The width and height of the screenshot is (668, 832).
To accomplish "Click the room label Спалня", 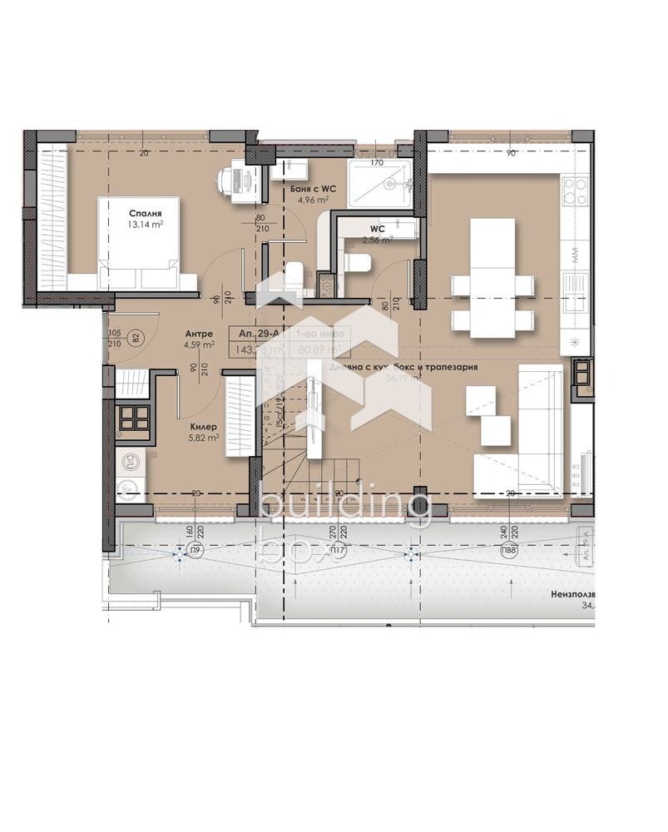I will (143, 201).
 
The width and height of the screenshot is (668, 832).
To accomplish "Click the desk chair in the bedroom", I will (229, 178).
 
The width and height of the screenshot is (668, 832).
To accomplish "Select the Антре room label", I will (198, 334).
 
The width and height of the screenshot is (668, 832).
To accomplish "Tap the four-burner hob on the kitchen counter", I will (576, 191).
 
